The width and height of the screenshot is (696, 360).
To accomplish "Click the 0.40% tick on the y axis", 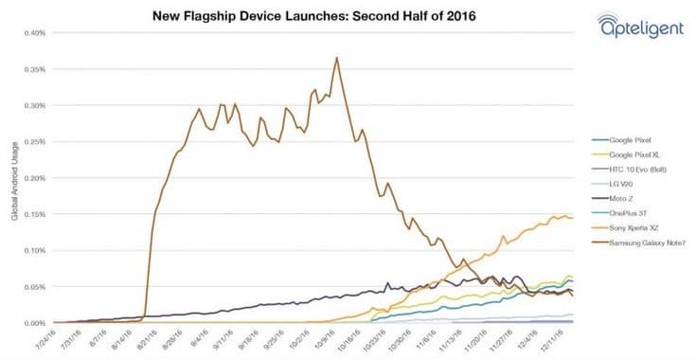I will tap(34, 32).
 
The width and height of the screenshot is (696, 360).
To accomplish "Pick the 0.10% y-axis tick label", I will tap(34, 250).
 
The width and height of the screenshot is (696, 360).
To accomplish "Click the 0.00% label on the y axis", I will tap(34, 323).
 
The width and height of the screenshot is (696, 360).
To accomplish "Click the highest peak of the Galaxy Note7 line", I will tap(336, 57).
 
